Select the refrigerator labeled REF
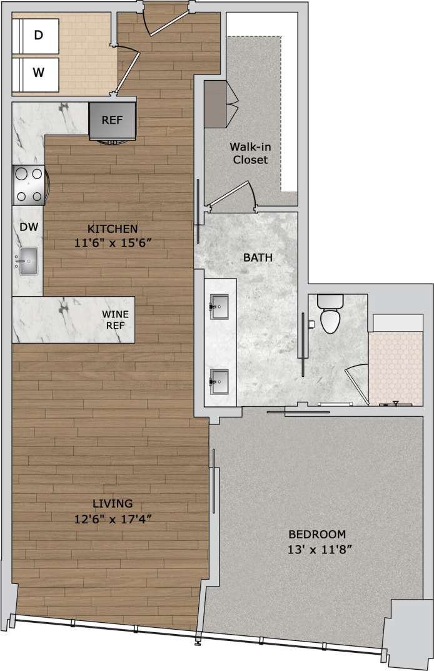[113, 121]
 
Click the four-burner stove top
[29, 185]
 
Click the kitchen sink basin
[29, 261]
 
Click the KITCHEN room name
[113, 228]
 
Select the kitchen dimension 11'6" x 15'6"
[113, 243]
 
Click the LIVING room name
[113, 503]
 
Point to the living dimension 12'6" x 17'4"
[113, 518]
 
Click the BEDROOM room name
[317, 535]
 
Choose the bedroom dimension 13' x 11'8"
[317, 550]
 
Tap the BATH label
[258, 257]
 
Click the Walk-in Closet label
[250, 153]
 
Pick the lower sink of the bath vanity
[220, 380]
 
